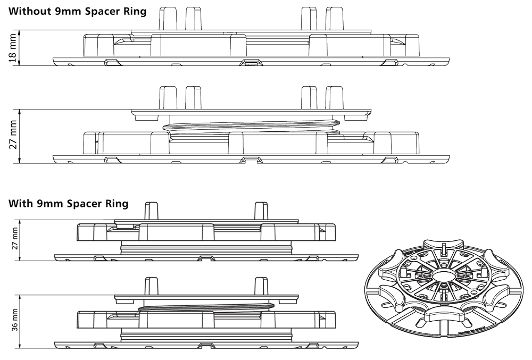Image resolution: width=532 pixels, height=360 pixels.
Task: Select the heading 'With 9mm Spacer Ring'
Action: coord(68,204)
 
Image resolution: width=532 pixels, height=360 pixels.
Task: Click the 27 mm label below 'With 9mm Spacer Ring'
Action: coord(14,238)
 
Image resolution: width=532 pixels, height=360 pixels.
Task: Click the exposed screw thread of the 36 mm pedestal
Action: coord(207,305)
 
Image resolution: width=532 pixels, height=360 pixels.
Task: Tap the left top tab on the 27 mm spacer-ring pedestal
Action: coord(152,210)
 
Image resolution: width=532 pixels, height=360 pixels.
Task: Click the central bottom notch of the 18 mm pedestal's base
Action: coord(251,62)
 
